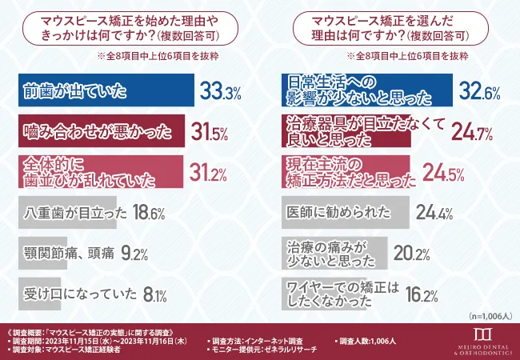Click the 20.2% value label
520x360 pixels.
pyautogui.click(x=414, y=254)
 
